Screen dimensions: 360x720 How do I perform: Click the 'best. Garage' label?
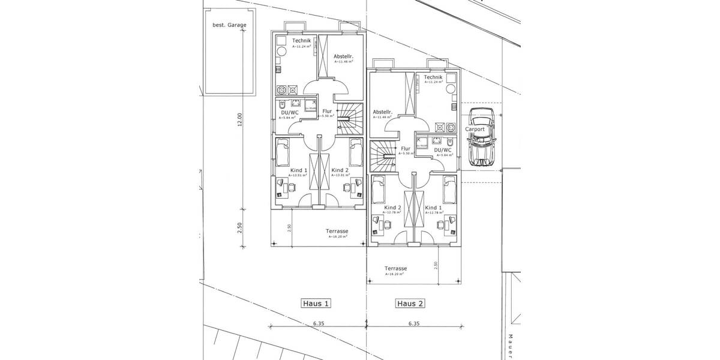(x=226, y=26)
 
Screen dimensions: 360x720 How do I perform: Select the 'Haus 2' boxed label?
(x=410, y=304)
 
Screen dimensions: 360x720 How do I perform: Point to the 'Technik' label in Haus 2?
(x=433, y=77)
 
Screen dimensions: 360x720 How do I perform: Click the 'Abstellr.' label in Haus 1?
(x=344, y=56)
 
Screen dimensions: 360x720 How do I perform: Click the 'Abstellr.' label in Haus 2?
(x=382, y=112)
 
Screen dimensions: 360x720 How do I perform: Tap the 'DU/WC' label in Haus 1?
(x=290, y=112)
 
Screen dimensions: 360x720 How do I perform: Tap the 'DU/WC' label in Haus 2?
(x=442, y=149)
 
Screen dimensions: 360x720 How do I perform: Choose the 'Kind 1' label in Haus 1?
(x=298, y=170)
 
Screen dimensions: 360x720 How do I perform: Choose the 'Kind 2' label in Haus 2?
(x=392, y=208)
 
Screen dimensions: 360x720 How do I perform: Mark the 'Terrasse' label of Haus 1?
(x=337, y=231)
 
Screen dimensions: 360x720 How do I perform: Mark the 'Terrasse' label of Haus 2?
(x=396, y=268)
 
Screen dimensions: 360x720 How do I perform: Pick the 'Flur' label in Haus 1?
(x=327, y=111)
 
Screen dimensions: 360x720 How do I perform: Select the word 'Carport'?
(x=474, y=129)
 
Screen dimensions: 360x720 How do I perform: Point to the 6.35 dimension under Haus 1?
(x=317, y=323)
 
